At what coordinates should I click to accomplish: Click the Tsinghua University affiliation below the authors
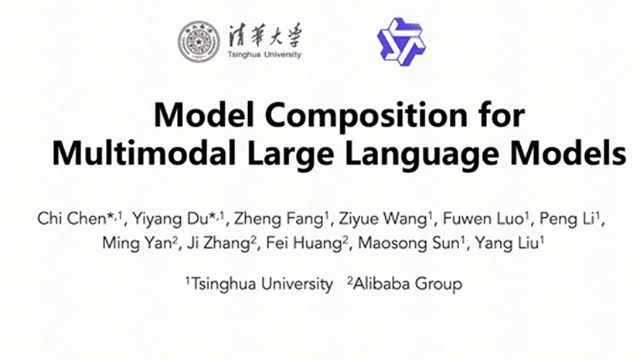coord(259,284)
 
